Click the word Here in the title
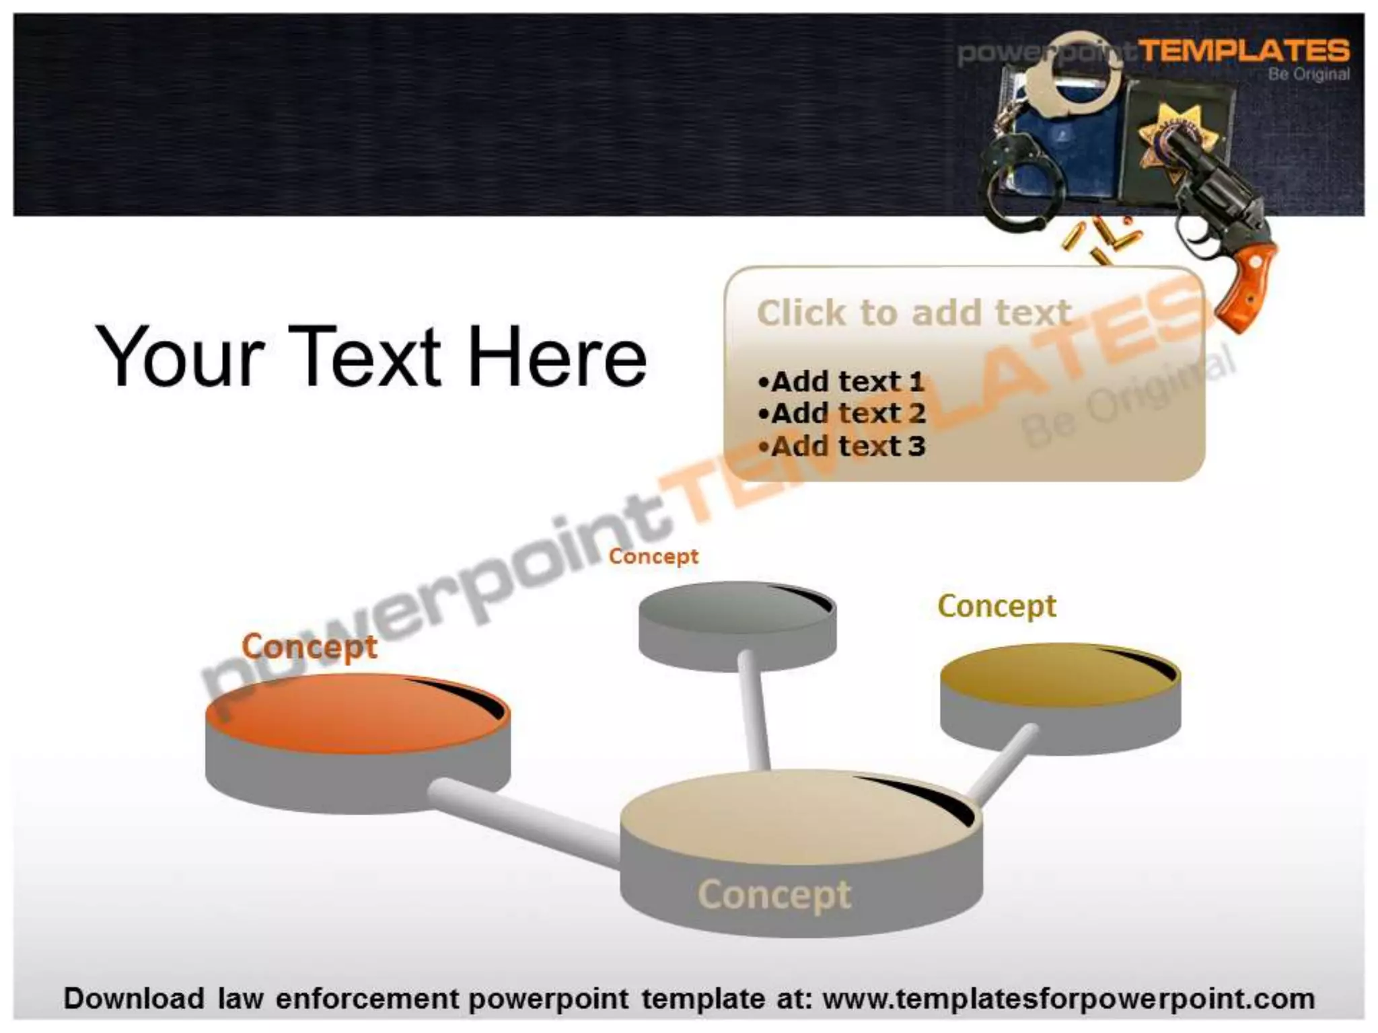pyautogui.click(x=556, y=356)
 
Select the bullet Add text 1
pyautogui.click(x=841, y=382)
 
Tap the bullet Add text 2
pyautogui.click(x=841, y=414)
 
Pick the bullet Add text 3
pyautogui.click(x=841, y=446)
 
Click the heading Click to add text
pyautogui.click(x=914, y=313)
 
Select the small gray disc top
pyautogui.click(x=730, y=612)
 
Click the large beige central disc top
pyautogui.click(x=787, y=817)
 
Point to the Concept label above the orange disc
pyautogui.click(x=310, y=647)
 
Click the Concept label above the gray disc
pyautogui.click(x=653, y=556)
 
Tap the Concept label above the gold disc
pyautogui.click(x=996, y=606)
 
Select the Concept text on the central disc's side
pyautogui.click(x=774, y=894)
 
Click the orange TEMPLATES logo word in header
pyautogui.click(x=1243, y=51)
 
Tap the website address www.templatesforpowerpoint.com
pyautogui.click(x=1068, y=999)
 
